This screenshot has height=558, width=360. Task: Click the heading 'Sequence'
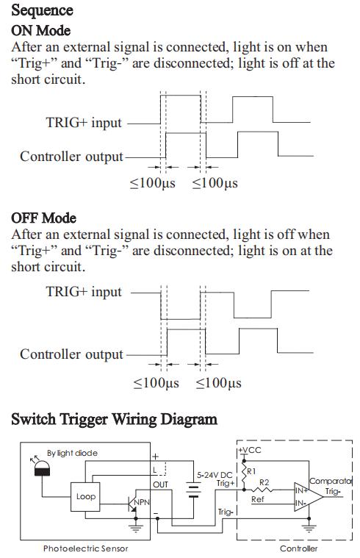coord(42,10)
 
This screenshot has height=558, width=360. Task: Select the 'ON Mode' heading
coord(40,31)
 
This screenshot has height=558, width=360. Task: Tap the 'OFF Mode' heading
coord(43,218)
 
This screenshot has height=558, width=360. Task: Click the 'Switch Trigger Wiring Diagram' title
coord(114,419)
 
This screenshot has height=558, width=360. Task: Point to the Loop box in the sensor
coord(85,496)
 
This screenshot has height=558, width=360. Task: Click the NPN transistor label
coord(142,502)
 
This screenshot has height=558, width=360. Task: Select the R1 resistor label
coord(251,471)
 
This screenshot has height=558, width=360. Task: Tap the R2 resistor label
coord(264,482)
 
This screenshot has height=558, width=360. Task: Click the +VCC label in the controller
coord(250,450)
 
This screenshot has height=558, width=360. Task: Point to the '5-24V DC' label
coord(215,475)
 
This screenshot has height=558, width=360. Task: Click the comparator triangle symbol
coord(308,497)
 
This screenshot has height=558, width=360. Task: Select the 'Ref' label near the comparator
coord(258,499)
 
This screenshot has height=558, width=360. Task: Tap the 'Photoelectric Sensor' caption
coord(85,548)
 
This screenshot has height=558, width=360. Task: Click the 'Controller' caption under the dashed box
coord(298,548)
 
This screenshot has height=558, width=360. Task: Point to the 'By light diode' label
coord(72,453)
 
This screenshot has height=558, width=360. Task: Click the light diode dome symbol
coord(43,468)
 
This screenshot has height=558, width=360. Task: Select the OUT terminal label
coord(160,484)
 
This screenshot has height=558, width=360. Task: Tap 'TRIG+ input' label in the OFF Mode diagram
coord(84,292)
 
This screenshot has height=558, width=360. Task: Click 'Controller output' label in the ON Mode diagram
coord(71,157)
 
